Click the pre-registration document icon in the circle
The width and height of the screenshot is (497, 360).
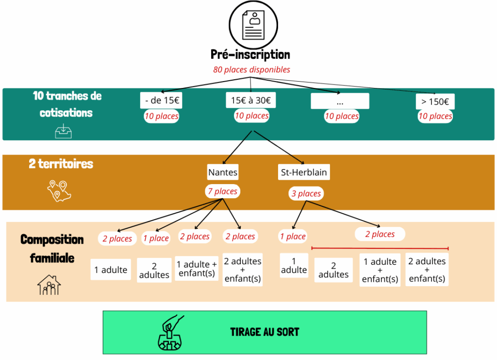(253, 25)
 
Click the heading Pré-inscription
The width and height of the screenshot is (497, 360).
(250, 54)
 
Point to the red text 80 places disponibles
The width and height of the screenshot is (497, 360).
(252, 69)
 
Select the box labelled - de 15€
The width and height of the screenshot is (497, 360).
(161, 100)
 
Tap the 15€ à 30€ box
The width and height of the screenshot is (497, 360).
(251, 100)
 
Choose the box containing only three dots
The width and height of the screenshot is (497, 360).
(340, 101)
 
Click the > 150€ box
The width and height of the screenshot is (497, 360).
(435, 102)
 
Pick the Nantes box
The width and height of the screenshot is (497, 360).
(223, 172)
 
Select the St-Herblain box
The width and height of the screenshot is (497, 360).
(304, 172)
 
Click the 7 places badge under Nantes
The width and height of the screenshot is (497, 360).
(222, 191)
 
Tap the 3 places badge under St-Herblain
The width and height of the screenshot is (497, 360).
(306, 193)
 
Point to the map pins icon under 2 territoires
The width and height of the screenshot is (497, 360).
(59, 191)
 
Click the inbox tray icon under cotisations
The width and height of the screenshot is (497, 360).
(64, 131)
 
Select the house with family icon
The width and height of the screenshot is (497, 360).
(49, 285)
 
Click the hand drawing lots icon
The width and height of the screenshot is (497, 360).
(170, 333)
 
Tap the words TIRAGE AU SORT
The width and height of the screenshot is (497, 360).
(265, 332)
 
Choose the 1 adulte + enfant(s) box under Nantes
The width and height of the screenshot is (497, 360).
(197, 269)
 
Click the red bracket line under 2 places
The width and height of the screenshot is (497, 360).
(380, 248)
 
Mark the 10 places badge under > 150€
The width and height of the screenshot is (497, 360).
(435, 116)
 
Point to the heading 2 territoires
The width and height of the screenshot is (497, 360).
(61, 164)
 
